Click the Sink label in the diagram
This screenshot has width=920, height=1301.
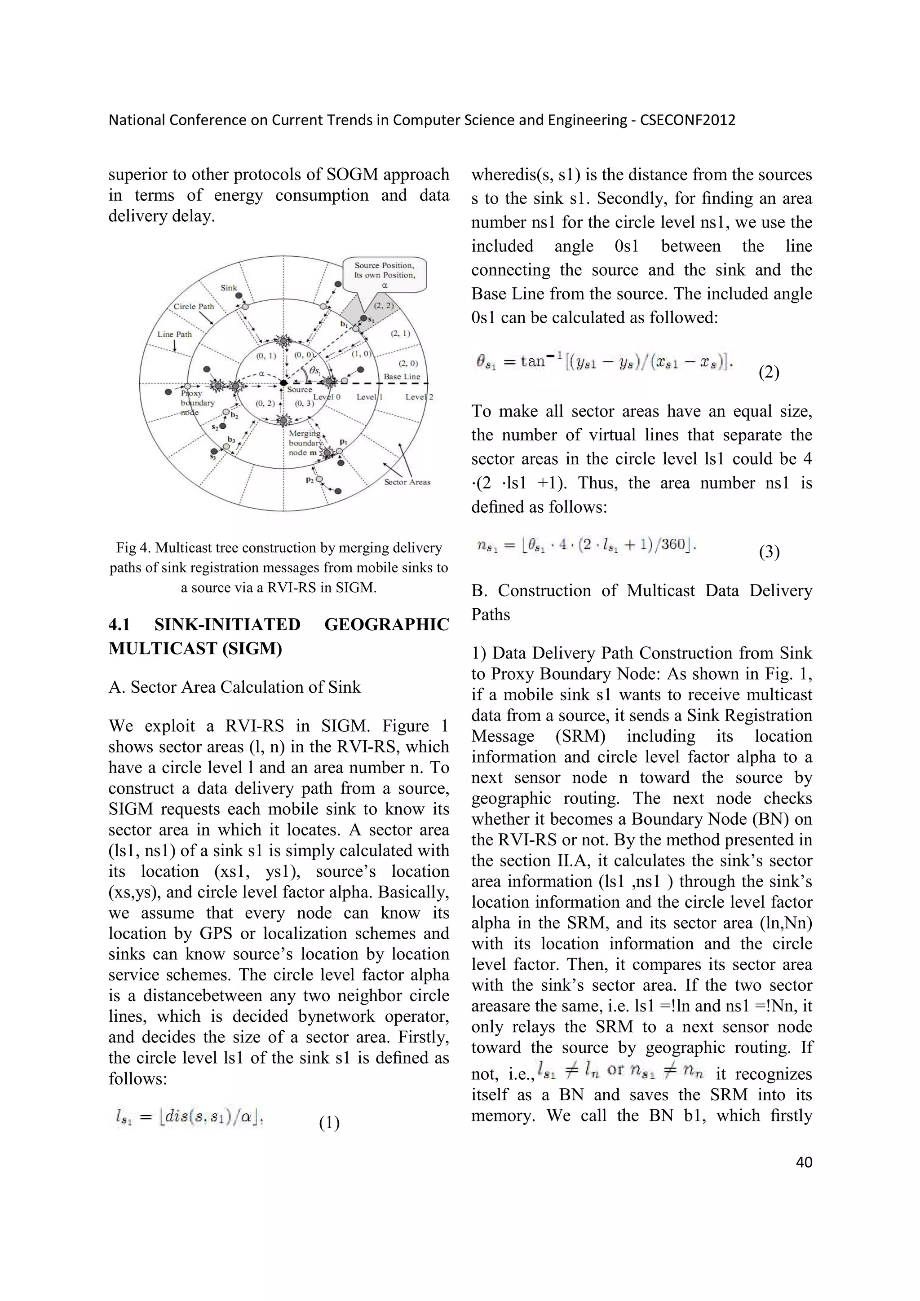click(x=229, y=287)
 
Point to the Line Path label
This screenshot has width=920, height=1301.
click(x=175, y=334)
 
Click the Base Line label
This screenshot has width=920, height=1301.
click(x=402, y=376)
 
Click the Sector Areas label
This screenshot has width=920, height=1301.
click(x=407, y=482)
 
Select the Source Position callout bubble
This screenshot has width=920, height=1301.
click(x=385, y=275)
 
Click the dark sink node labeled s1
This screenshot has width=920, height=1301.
click(x=364, y=318)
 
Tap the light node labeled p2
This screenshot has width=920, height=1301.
click(x=320, y=479)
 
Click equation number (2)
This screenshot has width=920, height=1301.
click(x=769, y=373)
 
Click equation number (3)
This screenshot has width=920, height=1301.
click(x=769, y=552)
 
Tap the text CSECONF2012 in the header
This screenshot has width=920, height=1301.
click(x=687, y=120)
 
